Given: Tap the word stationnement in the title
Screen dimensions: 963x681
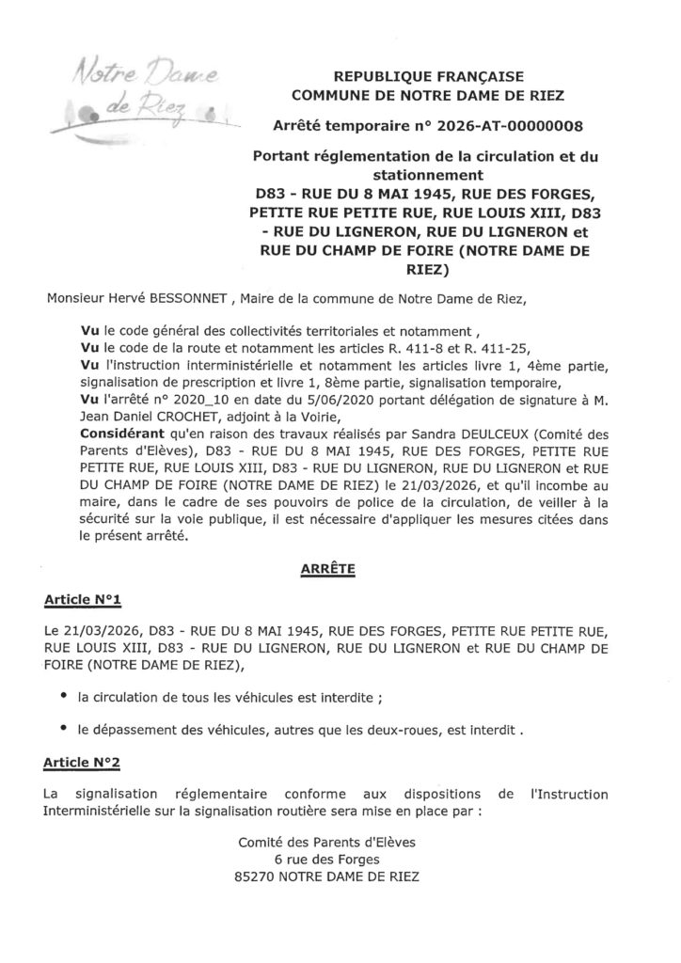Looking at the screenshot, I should (420, 174).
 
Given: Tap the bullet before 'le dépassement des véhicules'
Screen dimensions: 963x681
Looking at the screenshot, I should (64, 726).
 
